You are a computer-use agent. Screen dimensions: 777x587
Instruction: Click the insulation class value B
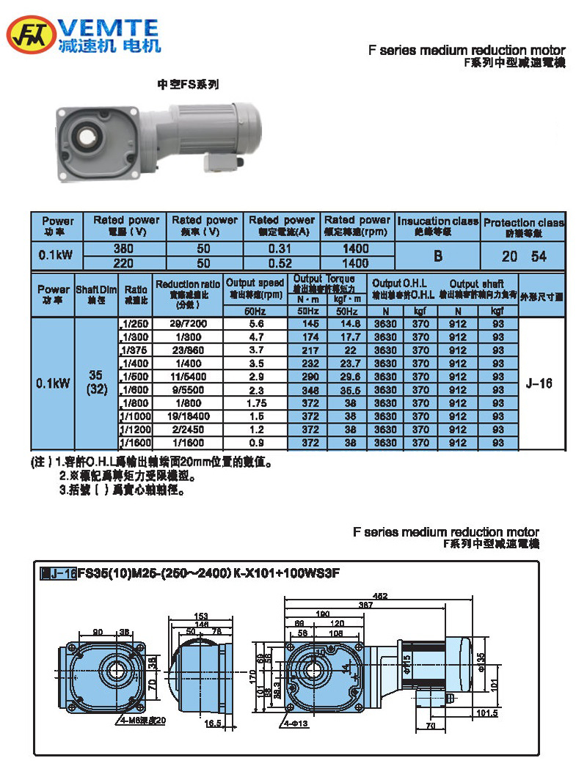[438, 256]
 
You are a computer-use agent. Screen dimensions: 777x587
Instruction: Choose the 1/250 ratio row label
[135, 324]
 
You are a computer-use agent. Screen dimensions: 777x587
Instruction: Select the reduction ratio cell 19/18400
[187, 416]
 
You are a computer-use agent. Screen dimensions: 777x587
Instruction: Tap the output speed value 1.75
[255, 403]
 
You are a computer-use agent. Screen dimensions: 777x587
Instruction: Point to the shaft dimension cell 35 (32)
[97, 382]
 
